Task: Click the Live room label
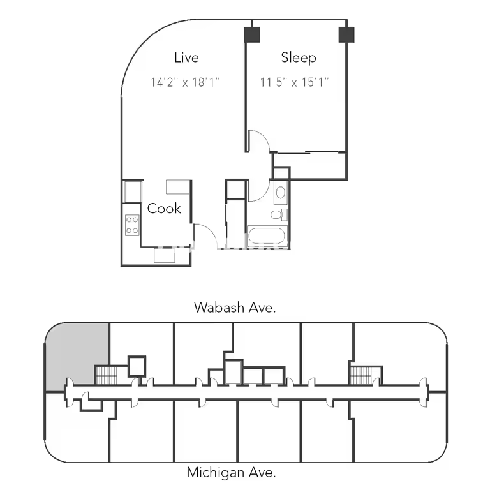pyautogui.click(x=186, y=57)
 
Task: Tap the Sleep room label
pyautogui.click(x=299, y=58)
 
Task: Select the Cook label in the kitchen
pyautogui.click(x=164, y=209)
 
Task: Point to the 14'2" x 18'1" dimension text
pyautogui.click(x=185, y=82)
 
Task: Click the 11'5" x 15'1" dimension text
pyautogui.click(x=294, y=82)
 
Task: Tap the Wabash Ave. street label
pyautogui.click(x=235, y=308)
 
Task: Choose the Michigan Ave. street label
pyautogui.click(x=231, y=472)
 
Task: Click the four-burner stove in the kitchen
pyautogui.click(x=132, y=225)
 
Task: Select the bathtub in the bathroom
pyautogui.click(x=267, y=235)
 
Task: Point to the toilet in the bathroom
pyautogui.click(x=279, y=214)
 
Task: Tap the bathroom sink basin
pyautogui.click(x=281, y=193)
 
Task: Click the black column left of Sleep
pyautogui.click(x=252, y=34)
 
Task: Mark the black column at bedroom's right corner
pyautogui.click(x=346, y=34)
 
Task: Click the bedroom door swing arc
pyautogui.click(x=264, y=136)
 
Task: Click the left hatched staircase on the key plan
pyautogui.click(x=107, y=375)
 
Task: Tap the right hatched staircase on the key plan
pyautogui.click(x=360, y=375)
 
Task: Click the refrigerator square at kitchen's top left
pyautogui.click(x=133, y=191)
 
